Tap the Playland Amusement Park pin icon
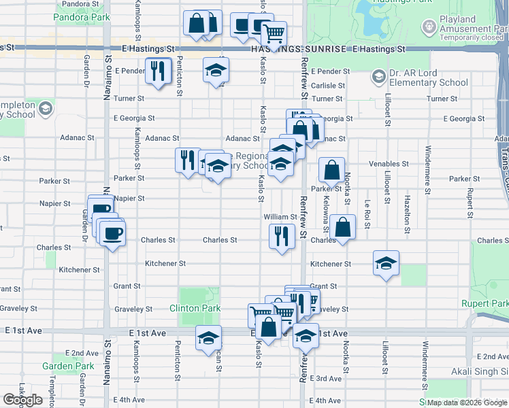pos(429,27)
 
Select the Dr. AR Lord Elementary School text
pos(420,78)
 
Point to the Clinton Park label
pos(195,308)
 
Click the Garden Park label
pos(68,366)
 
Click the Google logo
pos(22,400)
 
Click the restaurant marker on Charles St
pos(282,236)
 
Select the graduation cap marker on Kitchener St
pos(386,263)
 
